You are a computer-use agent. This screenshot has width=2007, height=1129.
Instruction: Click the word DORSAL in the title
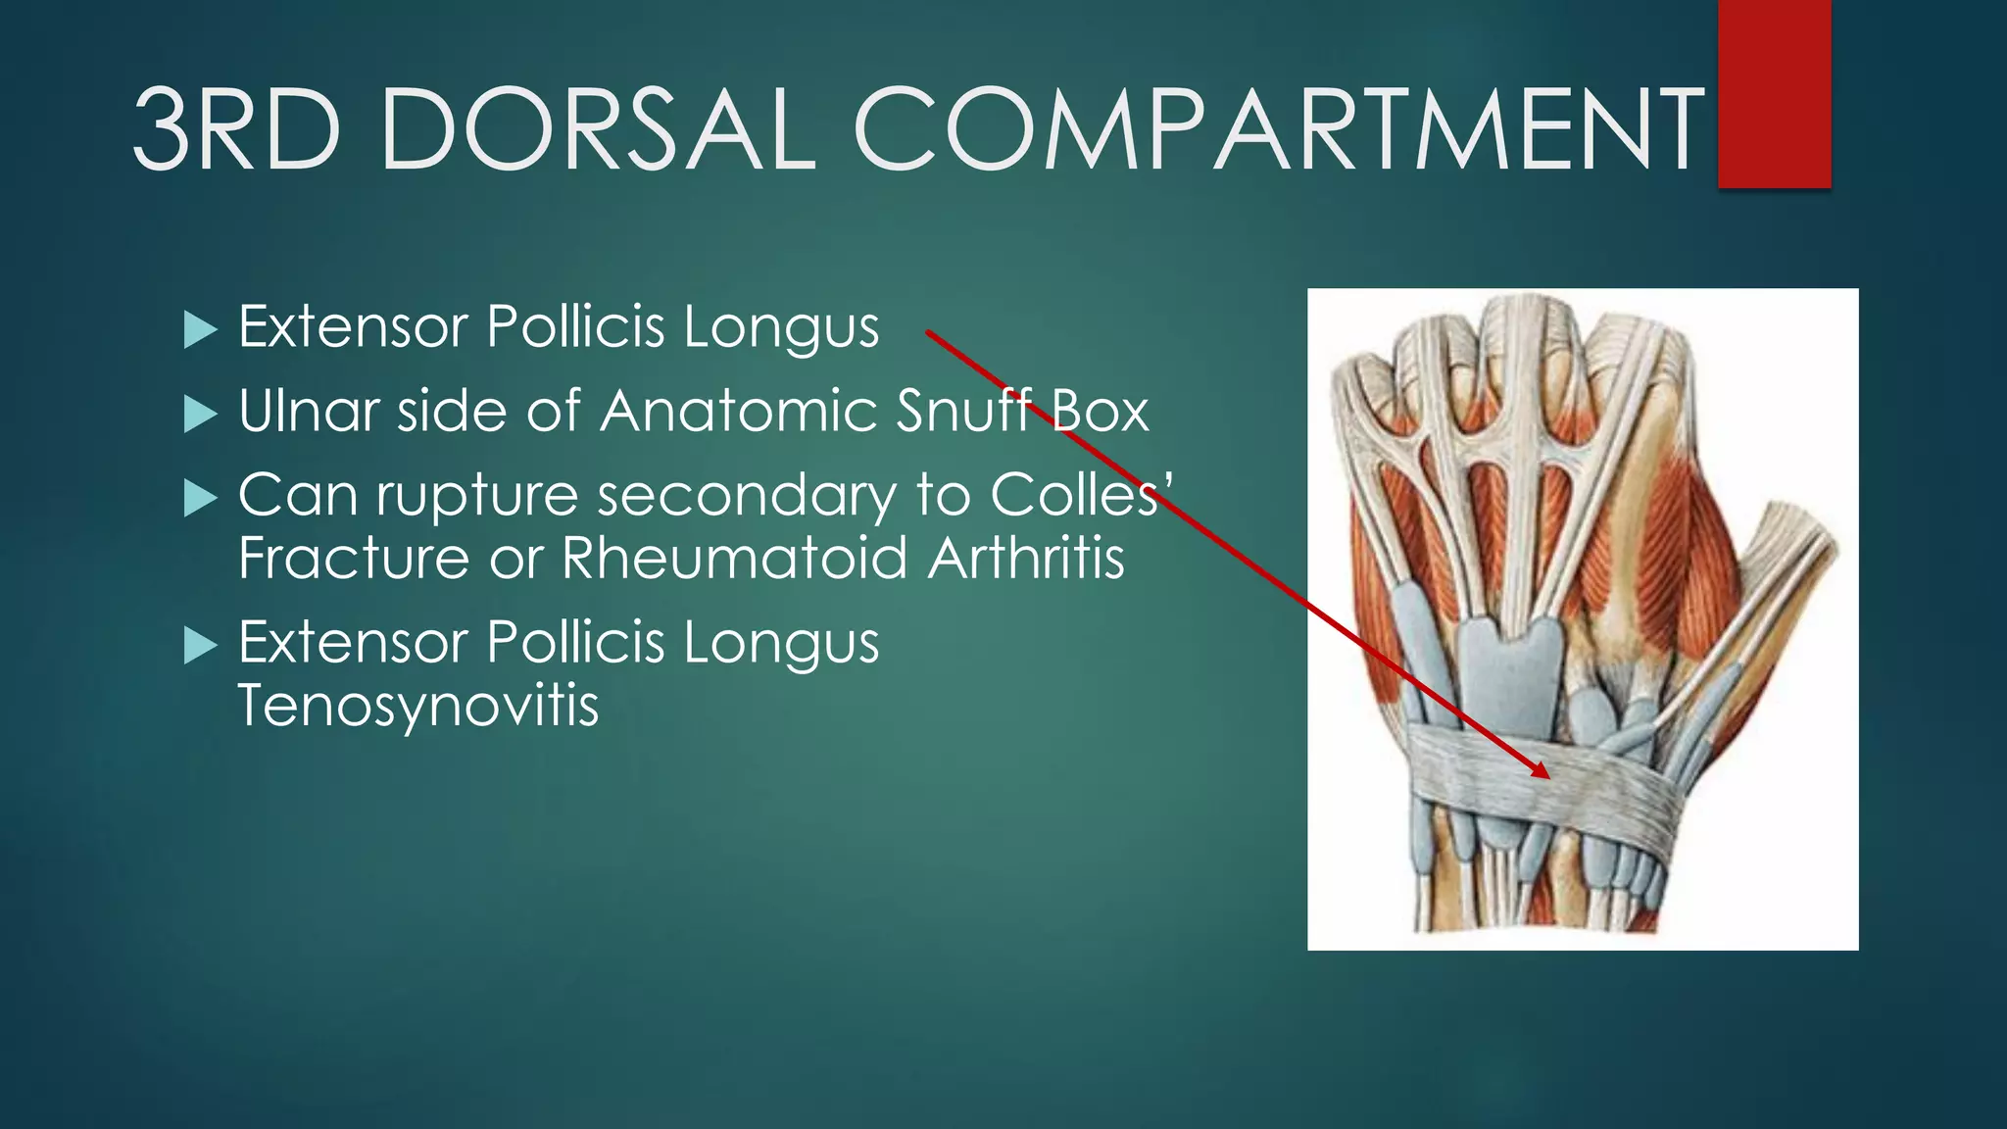pyautogui.click(x=598, y=129)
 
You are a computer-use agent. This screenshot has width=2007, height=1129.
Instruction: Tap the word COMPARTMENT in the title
pyautogui.click(x=1279, y=129)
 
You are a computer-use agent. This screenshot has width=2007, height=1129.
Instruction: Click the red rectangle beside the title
pyautogui.click(x=1774, y=93)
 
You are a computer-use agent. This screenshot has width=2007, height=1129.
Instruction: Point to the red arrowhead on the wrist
pyautogui.click(x=1541, y=770)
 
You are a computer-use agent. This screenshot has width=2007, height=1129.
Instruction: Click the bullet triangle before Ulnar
pyautogui.click(x=200, y=415)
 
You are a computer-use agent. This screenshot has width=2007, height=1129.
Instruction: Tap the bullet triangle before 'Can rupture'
pyautogui.click(x=200, y=499)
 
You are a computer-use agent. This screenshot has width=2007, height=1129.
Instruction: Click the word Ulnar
pyautogui.click(x=309, y=411)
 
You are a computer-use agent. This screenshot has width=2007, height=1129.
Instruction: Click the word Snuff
pyautogui.click(x=964, y=411)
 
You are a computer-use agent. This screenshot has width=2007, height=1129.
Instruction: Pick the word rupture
pyautogui.click(x=477, y=496)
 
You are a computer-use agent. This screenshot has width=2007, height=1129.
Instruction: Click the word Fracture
pyautogui.click(x=354, y=559)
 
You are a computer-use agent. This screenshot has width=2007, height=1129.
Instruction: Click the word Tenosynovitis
pyautogui.click(x=418, y=706)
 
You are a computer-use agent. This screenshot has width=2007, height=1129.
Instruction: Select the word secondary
pyautogui.click(x=747, y=496)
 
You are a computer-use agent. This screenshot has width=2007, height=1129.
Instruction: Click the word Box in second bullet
pyautogui.click(x=1100, y=411)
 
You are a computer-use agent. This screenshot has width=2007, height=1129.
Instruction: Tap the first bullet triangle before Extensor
pyautogui.click(x=200, y=330)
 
